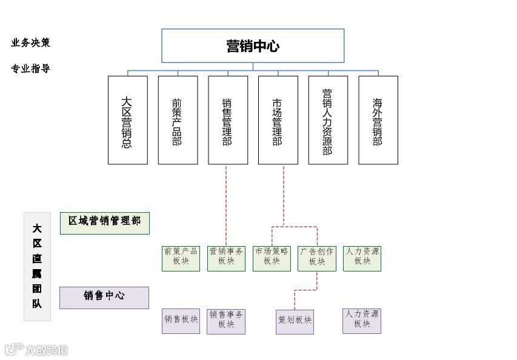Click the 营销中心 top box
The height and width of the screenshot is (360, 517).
tap(253, 46)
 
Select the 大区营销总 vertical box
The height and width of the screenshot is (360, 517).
tap(127, 120)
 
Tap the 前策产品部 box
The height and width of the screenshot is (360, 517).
tap(178, 120)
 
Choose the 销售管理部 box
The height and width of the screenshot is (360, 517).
tap(228, 120)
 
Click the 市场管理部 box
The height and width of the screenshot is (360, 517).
tap(278, 120)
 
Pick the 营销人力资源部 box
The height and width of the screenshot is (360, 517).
tap(328, 120)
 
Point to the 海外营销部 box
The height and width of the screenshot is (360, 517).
tap(378, 120)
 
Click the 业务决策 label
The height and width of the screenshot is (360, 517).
tap(30, 42)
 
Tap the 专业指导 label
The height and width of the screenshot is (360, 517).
tap(30, 68)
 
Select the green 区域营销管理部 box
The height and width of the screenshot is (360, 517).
tap(104, 222)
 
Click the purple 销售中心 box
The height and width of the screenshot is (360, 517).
tap(104, 298)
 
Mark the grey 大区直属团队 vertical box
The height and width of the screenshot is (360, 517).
tap(37, 266)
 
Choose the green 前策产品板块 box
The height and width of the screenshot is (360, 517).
tap(181, 258)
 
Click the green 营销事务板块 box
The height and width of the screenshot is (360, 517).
tap(226, 258)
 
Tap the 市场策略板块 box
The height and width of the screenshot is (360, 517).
tap(272, 258)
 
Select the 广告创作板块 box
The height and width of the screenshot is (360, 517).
tap(317, 258)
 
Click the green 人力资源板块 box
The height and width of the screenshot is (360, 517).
tap(362, 258)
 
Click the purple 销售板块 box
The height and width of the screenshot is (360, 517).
tap(181, 321)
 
